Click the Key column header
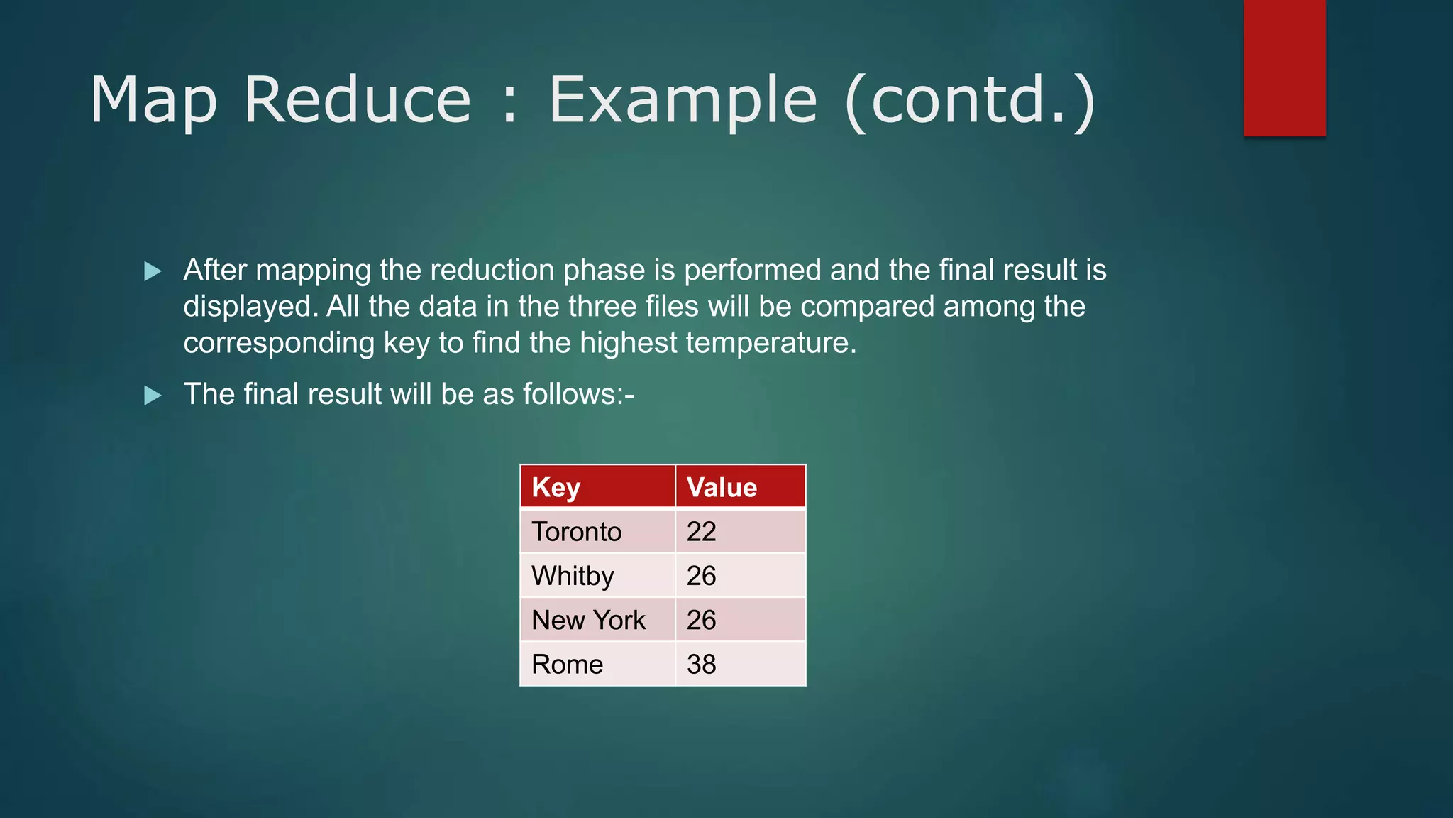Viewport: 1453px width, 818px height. pos(556,487)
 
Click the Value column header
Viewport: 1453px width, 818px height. pos(722,487)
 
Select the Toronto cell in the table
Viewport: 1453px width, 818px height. pos(576,532)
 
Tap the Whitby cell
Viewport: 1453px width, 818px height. pos(573,576)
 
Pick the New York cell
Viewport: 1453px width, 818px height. pos(588,620)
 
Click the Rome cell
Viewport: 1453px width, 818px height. pos(567,665)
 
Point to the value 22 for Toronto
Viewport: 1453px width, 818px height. pos(701,532)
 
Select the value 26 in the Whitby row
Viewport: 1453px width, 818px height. pos(701,576)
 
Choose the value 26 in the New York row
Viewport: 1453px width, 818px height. pos(701,620)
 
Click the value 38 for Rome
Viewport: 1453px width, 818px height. pos(701,665)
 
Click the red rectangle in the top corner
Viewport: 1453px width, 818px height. pos(1284,67)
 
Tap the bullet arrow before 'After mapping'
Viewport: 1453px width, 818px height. pos(153,271)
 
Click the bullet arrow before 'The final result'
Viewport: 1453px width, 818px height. pos(153,396)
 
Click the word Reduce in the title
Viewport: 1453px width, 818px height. pos(357,100)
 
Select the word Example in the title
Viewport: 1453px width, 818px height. pos(683,100)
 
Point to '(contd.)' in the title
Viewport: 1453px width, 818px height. pos(971,100)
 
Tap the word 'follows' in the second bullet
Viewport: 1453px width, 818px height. pos(568,394)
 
